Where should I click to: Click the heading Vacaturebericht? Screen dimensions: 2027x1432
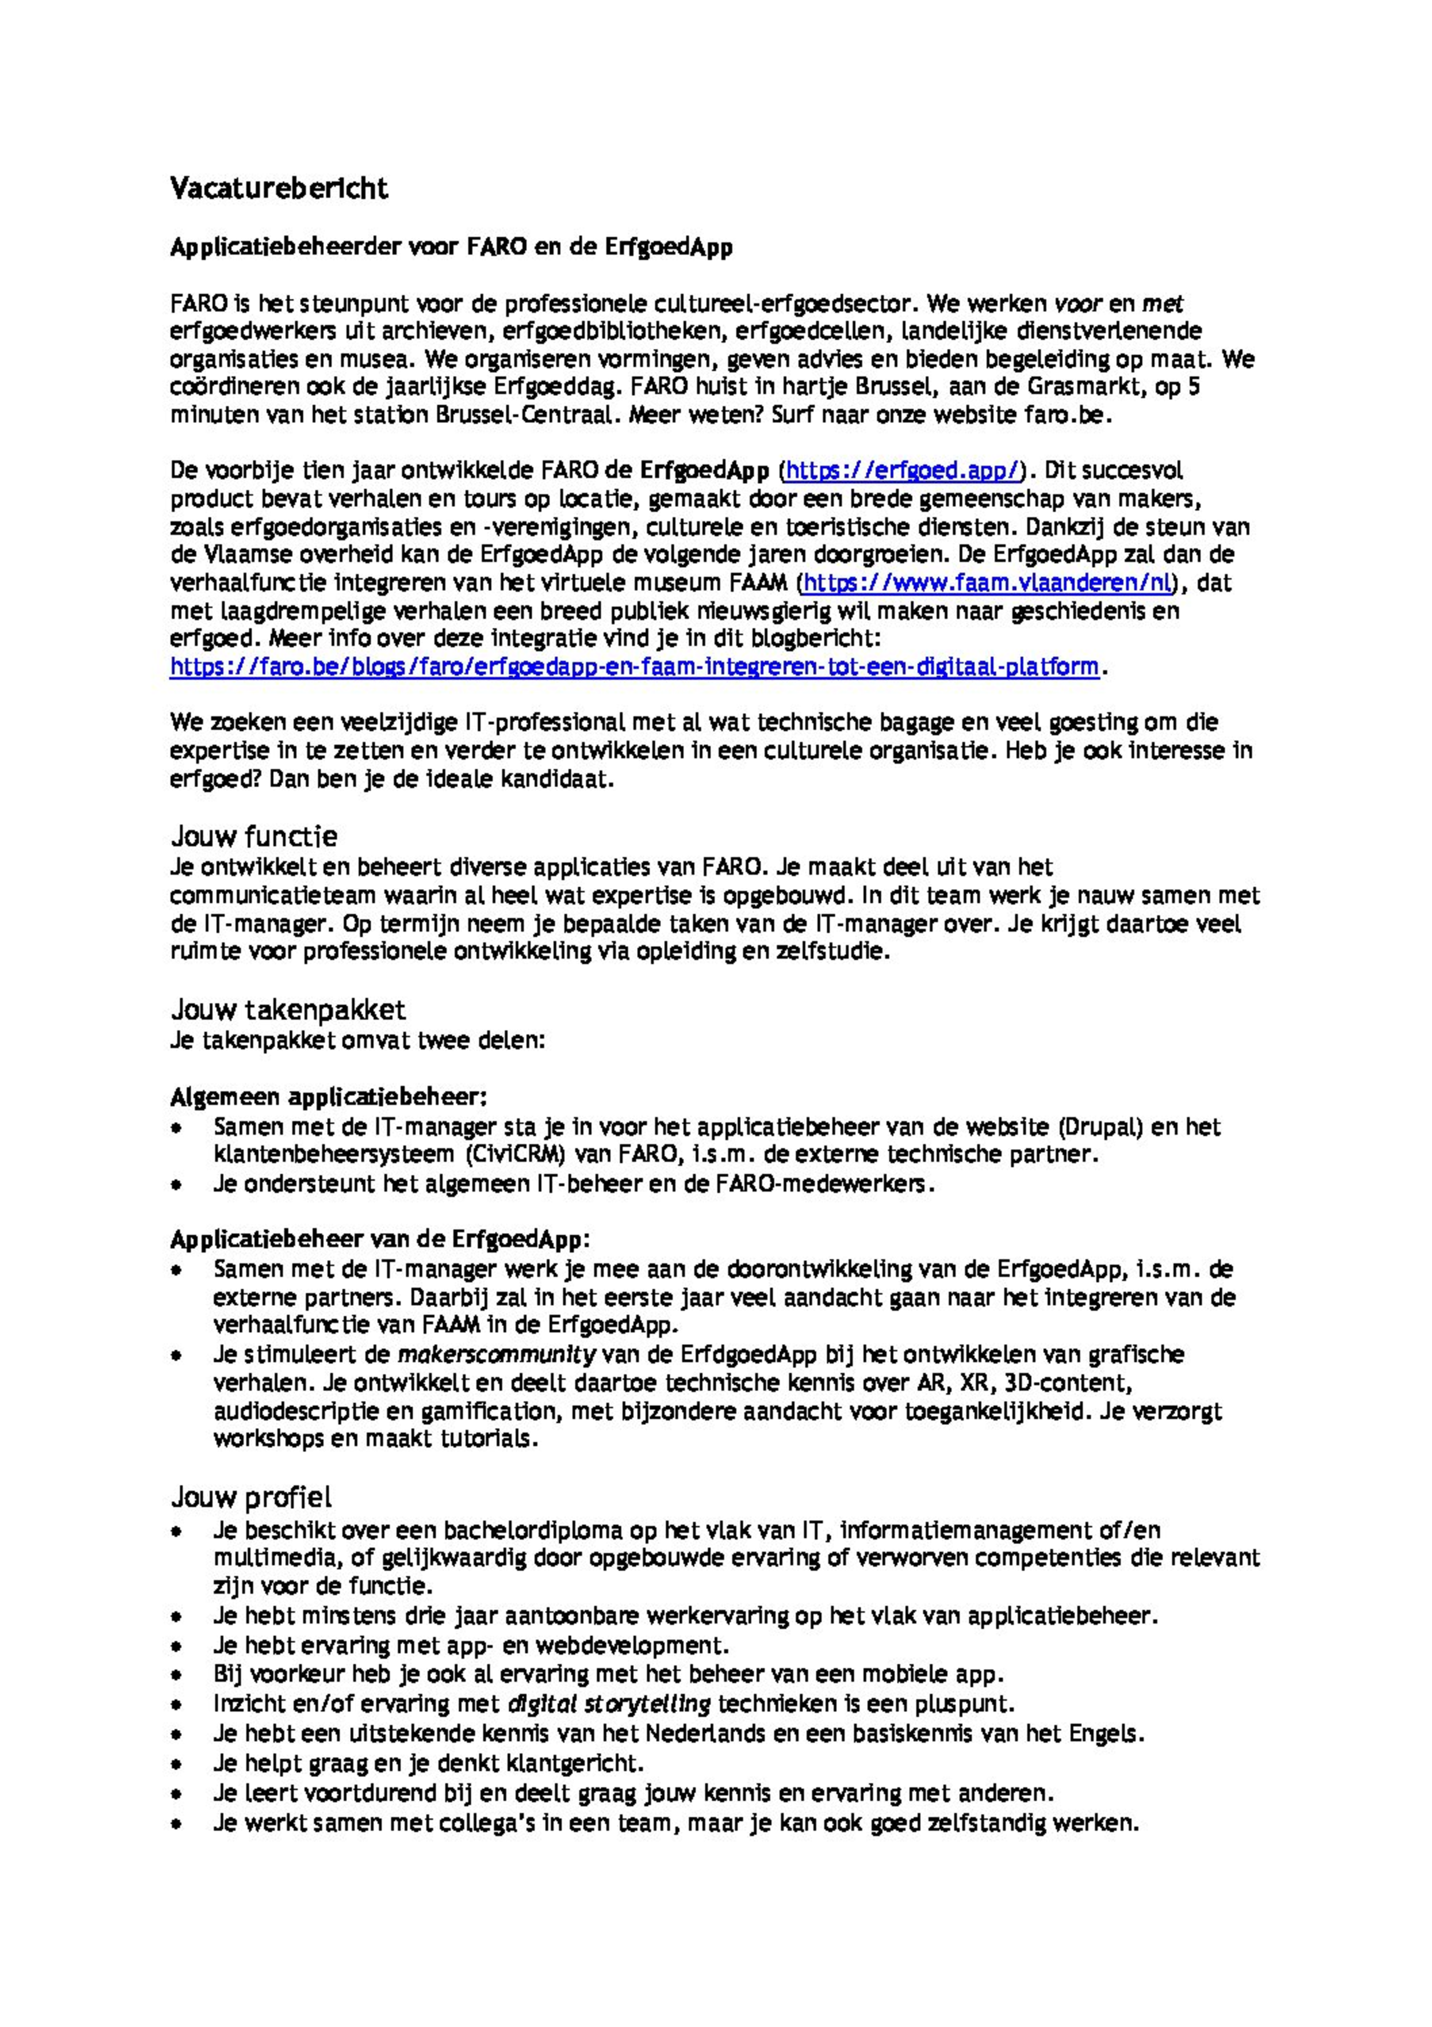tap(279, 189)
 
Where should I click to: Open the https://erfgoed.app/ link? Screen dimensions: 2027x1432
tap(901, 470)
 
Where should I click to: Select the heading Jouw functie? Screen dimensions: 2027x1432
tap(254, 835)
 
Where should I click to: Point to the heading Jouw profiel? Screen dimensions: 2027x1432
tap(252, 1498)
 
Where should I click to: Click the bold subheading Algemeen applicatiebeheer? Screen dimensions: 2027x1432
tap(328, 1097)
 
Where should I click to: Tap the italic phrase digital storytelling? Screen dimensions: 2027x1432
tap(609, 1703)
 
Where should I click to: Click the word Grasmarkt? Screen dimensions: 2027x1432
tap(1084, 387)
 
